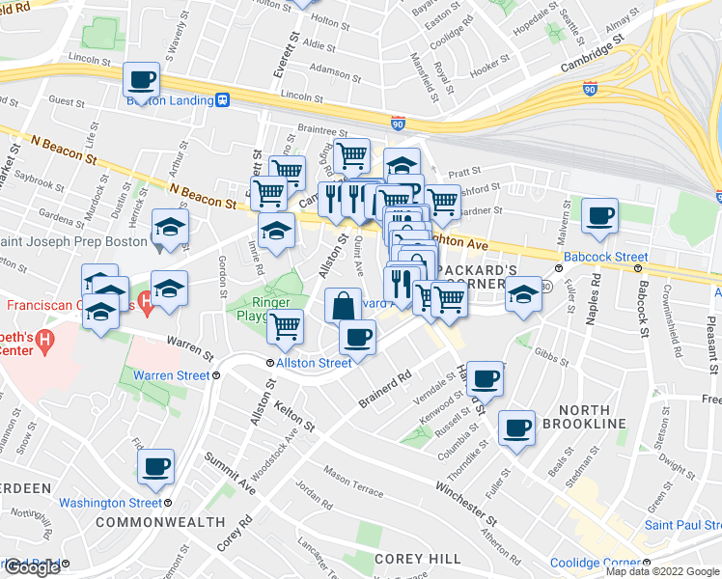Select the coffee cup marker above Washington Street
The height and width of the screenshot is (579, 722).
(155, 468)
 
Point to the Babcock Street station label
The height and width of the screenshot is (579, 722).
(605, 258)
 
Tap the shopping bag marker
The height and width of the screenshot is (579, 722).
(343, 306)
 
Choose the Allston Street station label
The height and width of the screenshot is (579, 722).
(314, 363)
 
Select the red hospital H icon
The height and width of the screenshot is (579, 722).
(146, 306)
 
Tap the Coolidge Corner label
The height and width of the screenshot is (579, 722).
(589, 563)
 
